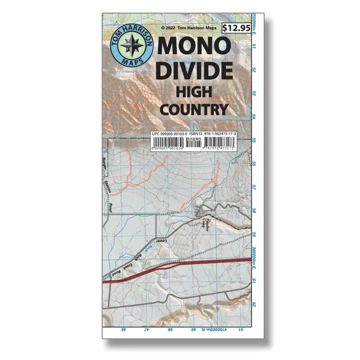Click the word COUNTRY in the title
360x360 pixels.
pos(194,109)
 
